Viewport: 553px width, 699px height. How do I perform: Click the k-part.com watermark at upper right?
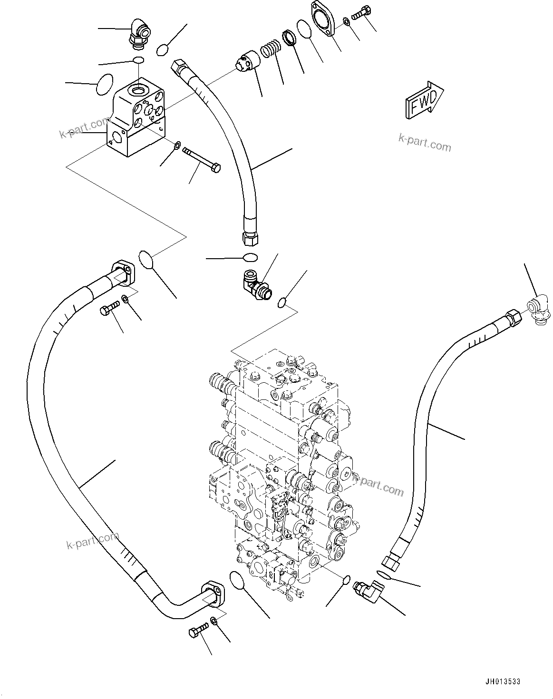[425, 143]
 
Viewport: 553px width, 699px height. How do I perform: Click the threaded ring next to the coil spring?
[290, 38]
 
